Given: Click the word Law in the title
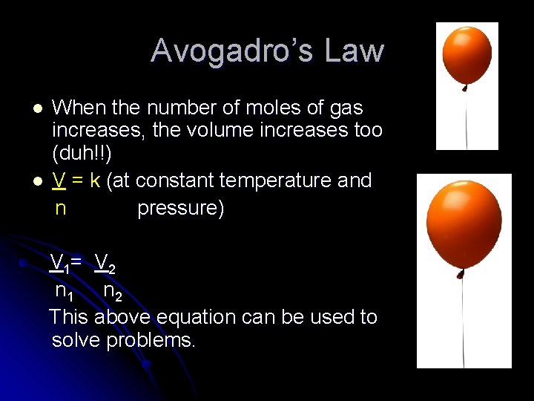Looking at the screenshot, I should tap(355, 51).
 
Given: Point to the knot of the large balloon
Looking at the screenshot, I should tap(462, 275).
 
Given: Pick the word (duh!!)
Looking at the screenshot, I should tap(82, 154).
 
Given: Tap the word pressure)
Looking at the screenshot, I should tap(181, 208).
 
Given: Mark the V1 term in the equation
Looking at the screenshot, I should tap(59, 263).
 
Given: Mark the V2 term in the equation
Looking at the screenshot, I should tap(105, 263).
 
